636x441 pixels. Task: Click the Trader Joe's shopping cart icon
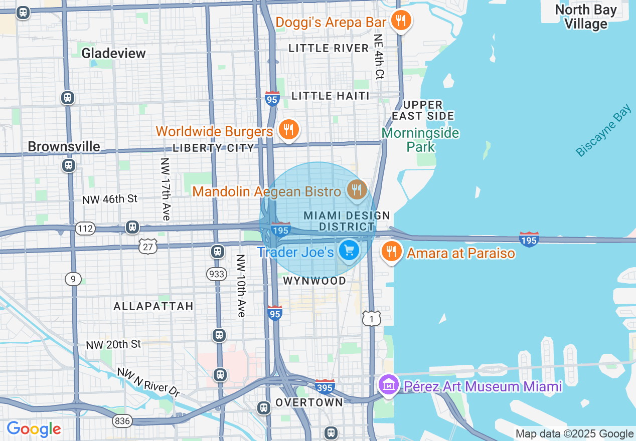349,250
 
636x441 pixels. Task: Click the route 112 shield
85,229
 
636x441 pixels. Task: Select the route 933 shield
216,274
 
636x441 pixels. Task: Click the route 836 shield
122,420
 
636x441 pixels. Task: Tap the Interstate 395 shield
325,386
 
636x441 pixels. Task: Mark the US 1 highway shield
372,318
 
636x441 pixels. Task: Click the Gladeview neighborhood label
113,53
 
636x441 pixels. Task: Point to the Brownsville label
64,146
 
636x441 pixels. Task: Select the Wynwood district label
314,281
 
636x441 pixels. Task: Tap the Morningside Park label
420,140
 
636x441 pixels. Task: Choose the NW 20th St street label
113,344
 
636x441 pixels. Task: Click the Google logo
34,429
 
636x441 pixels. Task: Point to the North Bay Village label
586,17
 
